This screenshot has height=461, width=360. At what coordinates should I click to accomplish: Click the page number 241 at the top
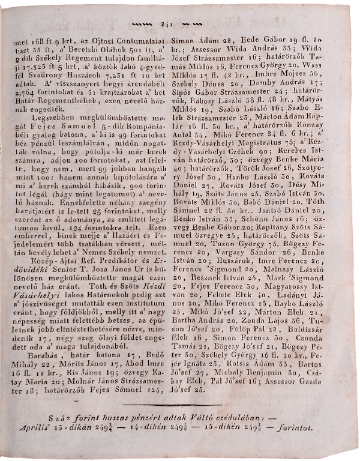[x=166, y=24]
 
